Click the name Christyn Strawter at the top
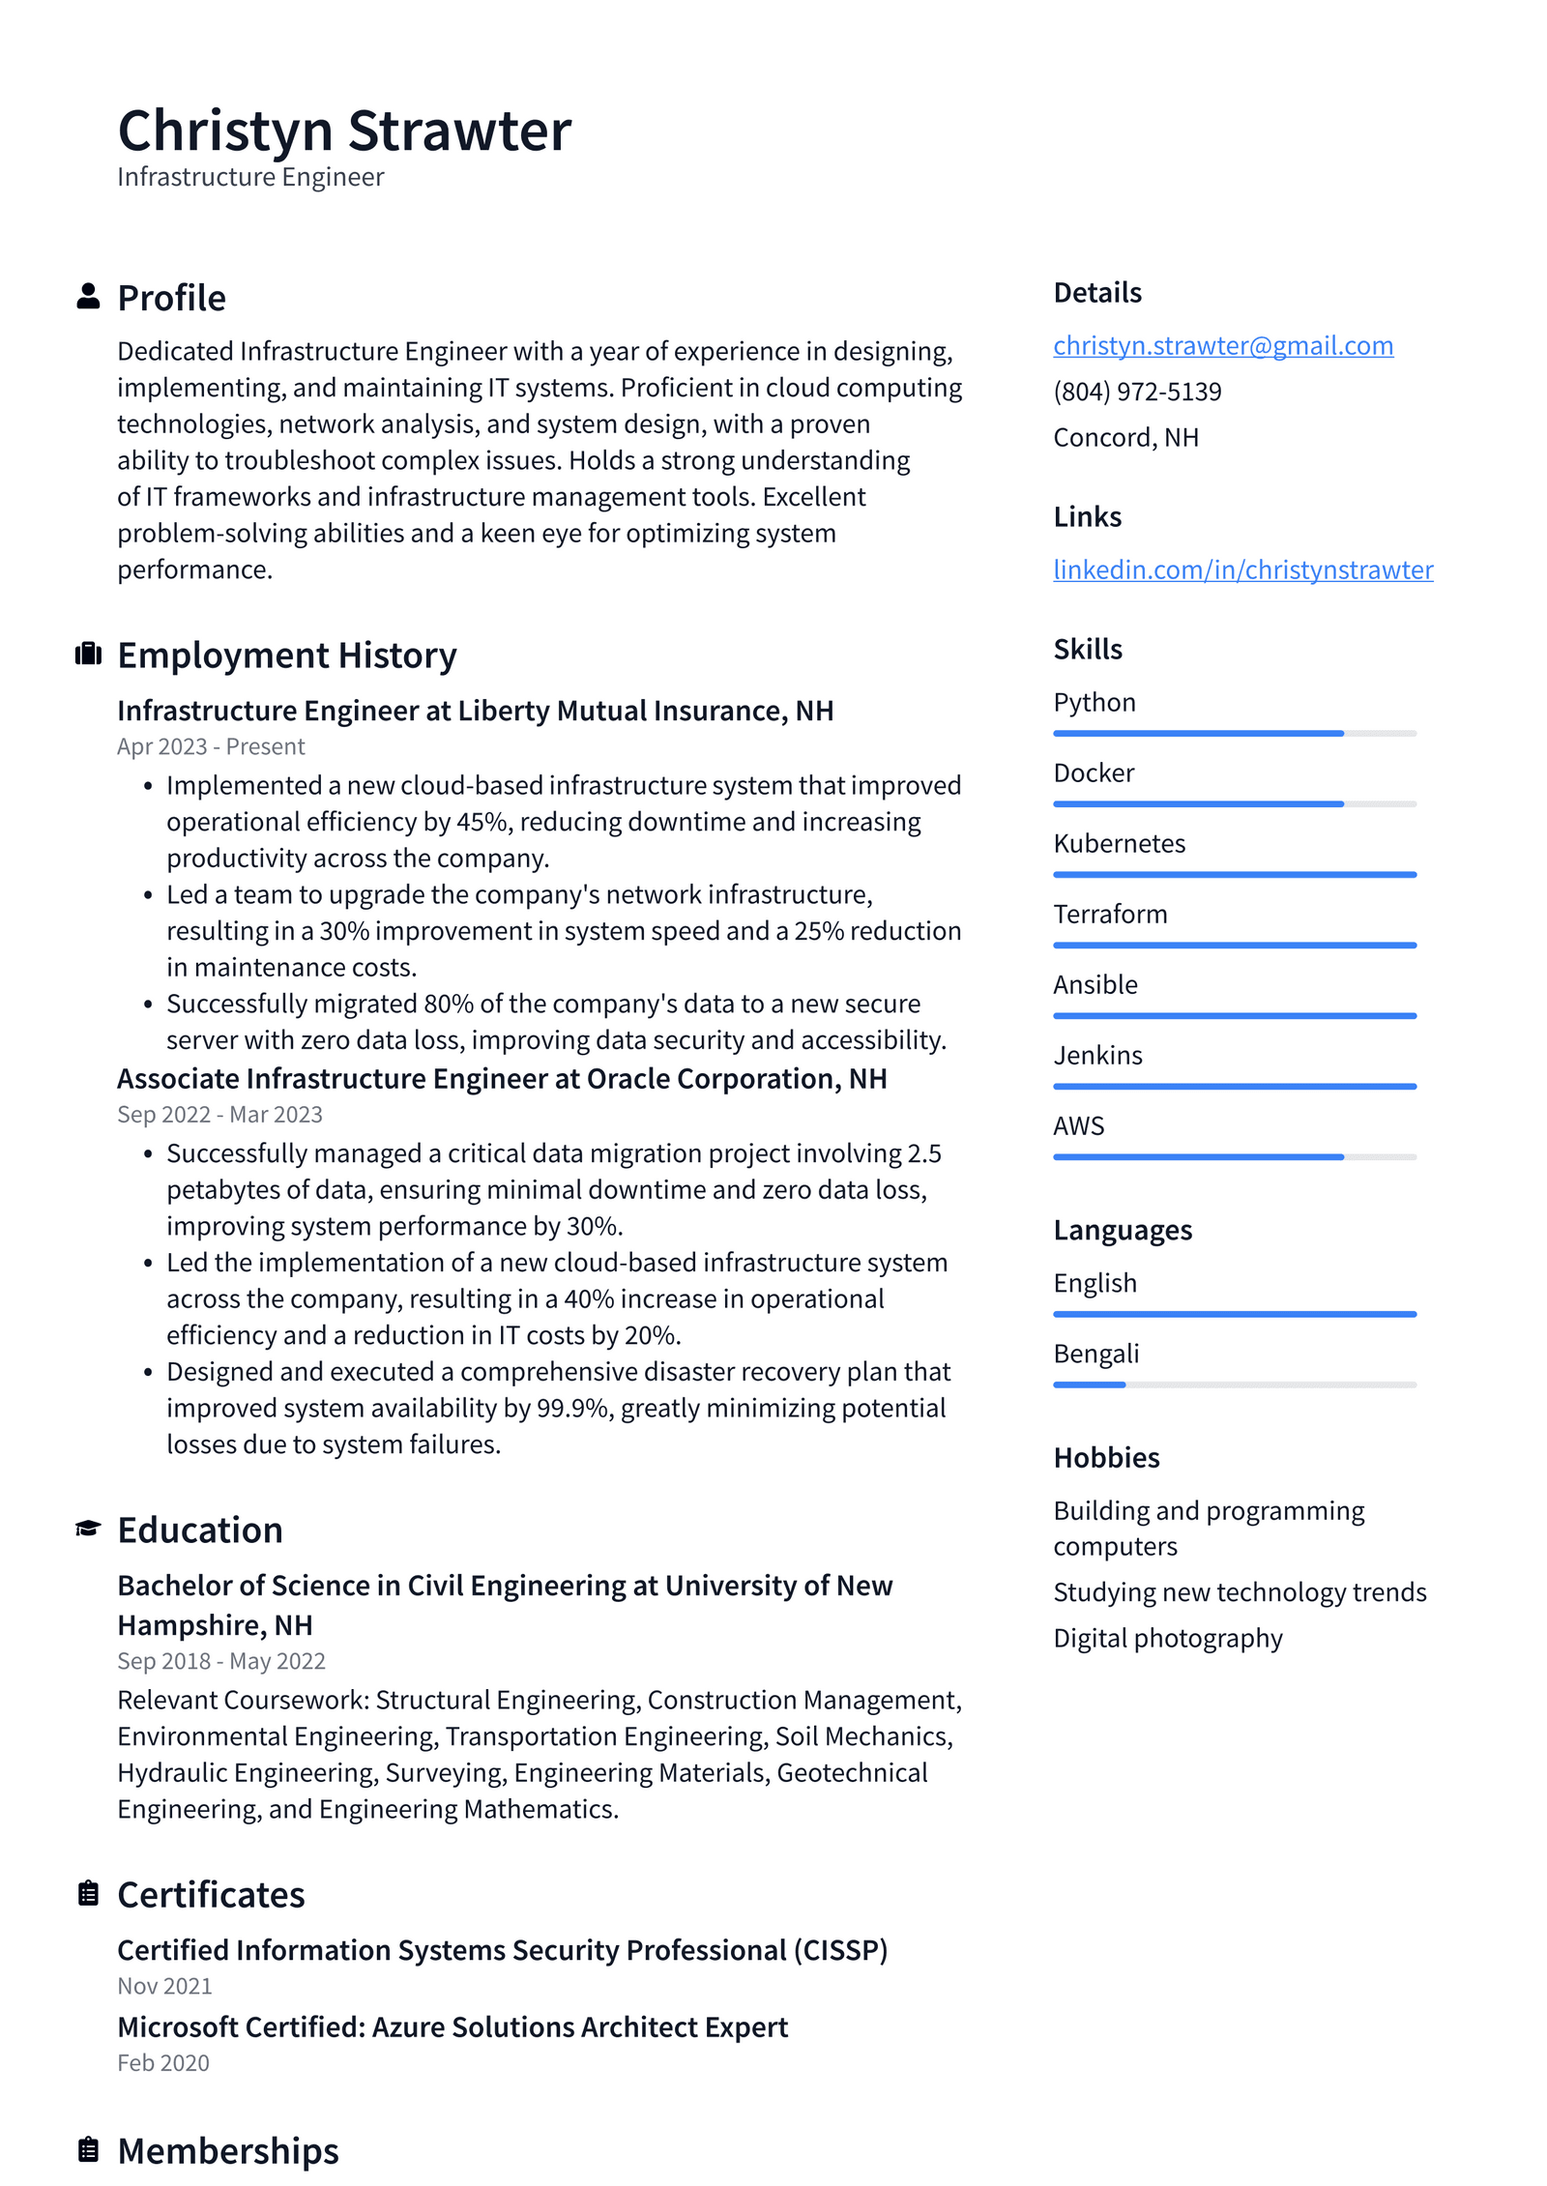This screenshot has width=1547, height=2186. tap(343, 131)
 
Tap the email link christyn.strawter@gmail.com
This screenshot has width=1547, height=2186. tap(1222, 345)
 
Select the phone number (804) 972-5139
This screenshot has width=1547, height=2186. tap(1136, 392)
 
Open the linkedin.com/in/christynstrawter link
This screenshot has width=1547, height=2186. tap(1242, 569)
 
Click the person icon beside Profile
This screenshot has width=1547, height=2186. tap(88, 297)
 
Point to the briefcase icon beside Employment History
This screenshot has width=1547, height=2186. tap(88, 655)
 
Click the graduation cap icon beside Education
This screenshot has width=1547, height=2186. tap(88, 1529)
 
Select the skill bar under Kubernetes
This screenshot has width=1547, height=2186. tap(1234, 874)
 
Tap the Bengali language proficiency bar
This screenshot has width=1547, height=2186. tap(1234, 1384)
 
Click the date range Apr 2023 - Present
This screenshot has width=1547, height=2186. tap(211, 746)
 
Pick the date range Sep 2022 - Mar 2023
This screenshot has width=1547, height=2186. tap(219, 1114)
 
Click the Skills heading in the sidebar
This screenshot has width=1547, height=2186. tap(1087, 649)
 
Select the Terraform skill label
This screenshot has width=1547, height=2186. tap(1109, 914)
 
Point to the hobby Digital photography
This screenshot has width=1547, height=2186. tap(1167, 1638)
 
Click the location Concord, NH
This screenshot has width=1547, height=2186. tap(1125, 437)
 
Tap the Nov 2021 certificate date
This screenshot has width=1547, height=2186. tap(164, 1986)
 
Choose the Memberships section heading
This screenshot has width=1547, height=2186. tap(227, 2150)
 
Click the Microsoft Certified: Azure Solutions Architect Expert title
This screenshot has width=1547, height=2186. tap(452, 2026)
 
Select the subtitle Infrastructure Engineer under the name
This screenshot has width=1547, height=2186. tap(250, 177)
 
